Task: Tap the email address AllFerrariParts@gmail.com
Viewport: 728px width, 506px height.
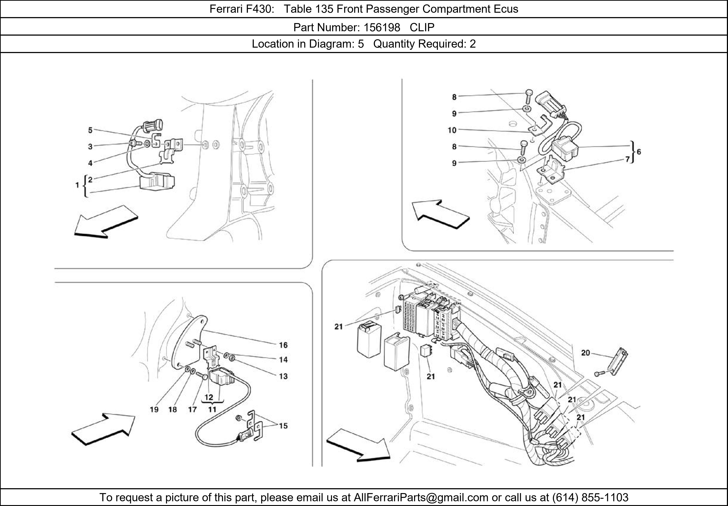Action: [421, 497]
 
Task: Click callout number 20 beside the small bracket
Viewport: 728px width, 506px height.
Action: [585, 353]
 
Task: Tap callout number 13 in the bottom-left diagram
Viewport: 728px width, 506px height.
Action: [283, 376]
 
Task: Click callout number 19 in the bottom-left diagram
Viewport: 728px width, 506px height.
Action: [154, 409]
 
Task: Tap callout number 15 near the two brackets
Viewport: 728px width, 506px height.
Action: [283, 426]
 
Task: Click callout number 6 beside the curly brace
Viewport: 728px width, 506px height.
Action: [639, 152]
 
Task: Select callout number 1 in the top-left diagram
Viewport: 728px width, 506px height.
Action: [77, 185]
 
